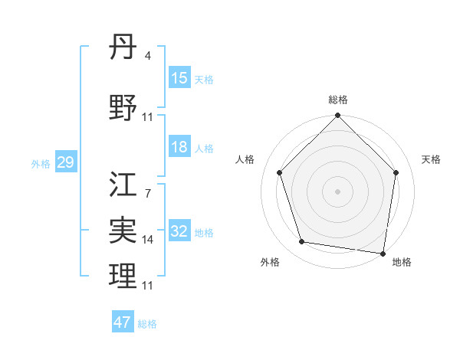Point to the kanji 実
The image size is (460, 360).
[x=123, y=230]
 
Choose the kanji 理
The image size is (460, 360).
[x=123, y=276]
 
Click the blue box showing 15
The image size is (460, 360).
[x=179, y=78]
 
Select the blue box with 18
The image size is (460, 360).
[x=179, y=147]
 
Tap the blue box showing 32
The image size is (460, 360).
[x=179, y=232]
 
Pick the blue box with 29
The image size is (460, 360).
[x=65, y=162]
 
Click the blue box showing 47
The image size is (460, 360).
[x=123, y=322]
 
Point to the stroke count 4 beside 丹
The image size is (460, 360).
[x=148, y=56]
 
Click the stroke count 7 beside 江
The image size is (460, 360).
[x=148, y=195]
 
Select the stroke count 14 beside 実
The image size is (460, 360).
[x=148, y=240]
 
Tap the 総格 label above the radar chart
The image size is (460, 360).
[x=338, y=100]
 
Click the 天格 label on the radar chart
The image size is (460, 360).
[x=431, y=159]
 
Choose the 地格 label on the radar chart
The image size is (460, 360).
[x=402, y=262]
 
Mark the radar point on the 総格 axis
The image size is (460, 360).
[x=337, y=116]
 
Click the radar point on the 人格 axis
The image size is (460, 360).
[x=280, y=172]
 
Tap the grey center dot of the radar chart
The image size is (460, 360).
[x=337, y=191]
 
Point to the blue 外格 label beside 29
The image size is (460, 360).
[x=41, y=163]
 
